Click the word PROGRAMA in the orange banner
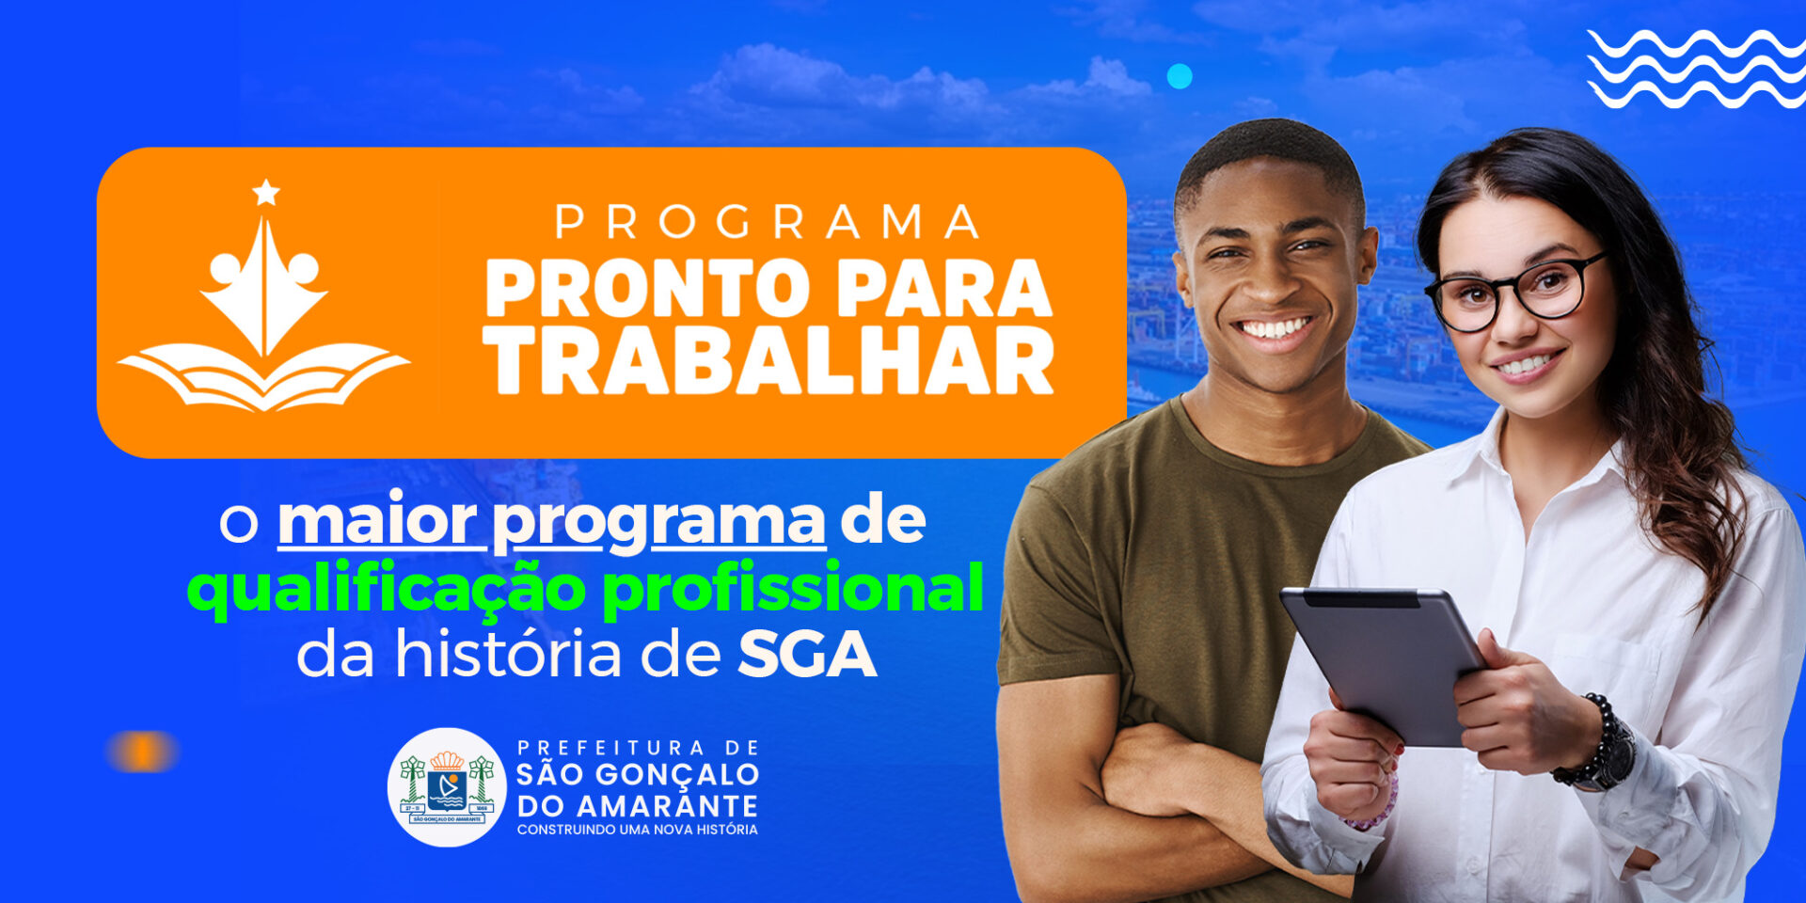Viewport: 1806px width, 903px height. tap(767, 222)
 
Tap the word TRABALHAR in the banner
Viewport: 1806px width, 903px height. tap(769, 361)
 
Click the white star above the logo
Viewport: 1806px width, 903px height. tap(266, 193)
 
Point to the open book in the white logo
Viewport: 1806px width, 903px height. tap(263, 376)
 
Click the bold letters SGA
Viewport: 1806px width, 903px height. tap(807, 655)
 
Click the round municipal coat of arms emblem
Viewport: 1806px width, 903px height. tap(447, 787)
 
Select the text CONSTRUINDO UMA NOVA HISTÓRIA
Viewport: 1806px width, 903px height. tap(638, 830)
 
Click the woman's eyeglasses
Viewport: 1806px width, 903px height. tap(1514, 292)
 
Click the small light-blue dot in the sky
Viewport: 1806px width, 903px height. tap(1180, 76)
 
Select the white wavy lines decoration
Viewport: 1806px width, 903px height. tap(1696, 69)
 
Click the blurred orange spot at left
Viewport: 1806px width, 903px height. tap(142, 752)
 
